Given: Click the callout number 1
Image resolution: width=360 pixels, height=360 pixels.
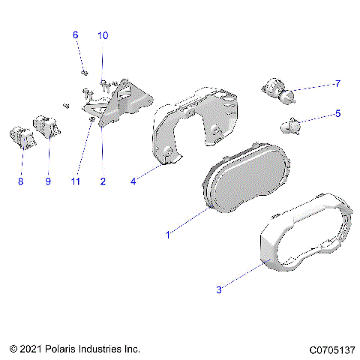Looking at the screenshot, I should click(168, 235).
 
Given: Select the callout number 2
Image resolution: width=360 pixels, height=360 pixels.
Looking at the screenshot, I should click(103, 181).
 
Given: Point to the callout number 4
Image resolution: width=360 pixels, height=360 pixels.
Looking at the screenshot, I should click(133, 181).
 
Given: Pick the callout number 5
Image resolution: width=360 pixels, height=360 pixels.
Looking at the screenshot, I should click(337, 114).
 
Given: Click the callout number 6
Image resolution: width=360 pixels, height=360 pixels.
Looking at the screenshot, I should click(75, 35).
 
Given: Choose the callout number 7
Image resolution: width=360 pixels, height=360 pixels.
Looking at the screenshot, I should click(337, 83).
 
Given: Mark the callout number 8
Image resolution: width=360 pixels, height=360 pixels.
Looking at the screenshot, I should click(21, 181).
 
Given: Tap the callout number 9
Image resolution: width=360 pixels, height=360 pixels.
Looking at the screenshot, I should click(49, 181).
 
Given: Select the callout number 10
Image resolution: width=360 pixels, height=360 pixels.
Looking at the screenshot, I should click(103, 35).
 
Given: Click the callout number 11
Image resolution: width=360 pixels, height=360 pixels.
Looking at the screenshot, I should click(75, 181).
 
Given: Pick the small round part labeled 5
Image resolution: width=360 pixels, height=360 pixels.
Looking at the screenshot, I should click(290, 126).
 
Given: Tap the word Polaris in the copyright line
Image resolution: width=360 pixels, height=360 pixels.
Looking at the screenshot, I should click(63, 349).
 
